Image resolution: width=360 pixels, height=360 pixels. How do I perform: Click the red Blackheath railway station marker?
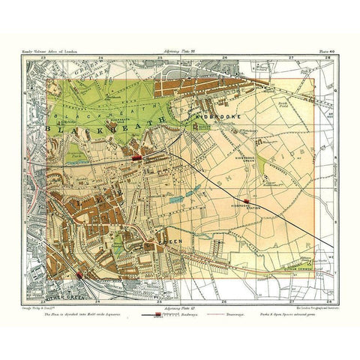point(137,158)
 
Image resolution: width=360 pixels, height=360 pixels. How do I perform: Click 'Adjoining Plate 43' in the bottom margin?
point(181,307)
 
